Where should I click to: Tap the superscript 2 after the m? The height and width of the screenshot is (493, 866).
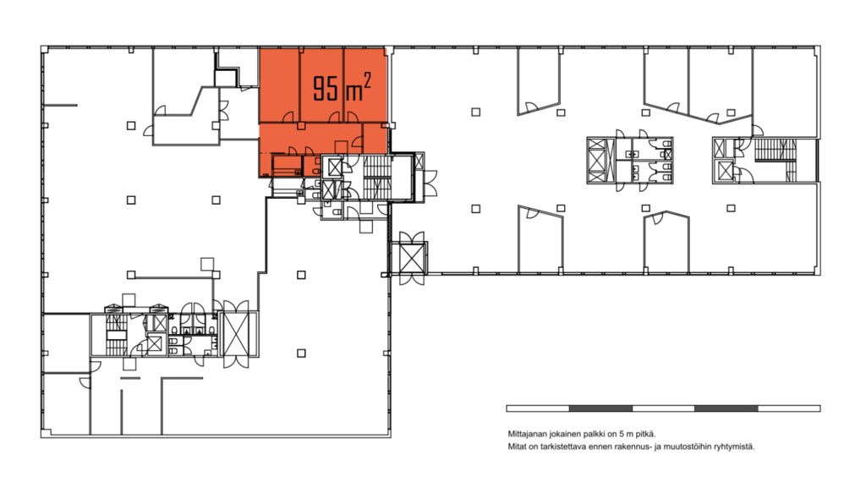point(366,82)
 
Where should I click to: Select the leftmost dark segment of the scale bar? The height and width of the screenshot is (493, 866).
point(600,408)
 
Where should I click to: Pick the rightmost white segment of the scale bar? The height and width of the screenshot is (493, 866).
point(789,408)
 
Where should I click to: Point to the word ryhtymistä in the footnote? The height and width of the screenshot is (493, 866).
point(737,446)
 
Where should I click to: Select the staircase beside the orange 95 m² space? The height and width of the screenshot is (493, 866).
point(377,177)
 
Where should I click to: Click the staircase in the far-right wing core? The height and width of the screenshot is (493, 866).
point(775,151)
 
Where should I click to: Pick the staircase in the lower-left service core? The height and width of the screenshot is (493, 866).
point(117,335)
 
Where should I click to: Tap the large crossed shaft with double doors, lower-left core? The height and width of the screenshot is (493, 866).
point(238,335)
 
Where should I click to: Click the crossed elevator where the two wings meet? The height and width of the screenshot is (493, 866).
point(409,258)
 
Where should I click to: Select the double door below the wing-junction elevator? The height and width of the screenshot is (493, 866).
point(409,279)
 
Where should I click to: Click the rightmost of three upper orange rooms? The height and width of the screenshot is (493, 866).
point(365,85)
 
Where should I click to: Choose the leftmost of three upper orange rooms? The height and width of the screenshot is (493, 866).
point(279,85)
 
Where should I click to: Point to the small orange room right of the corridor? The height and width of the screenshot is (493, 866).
point(375,138)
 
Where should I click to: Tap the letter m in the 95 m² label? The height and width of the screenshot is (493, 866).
point(354,91)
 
